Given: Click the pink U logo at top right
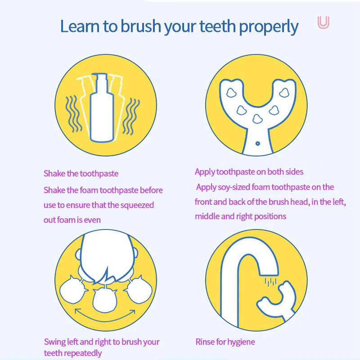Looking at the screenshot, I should [x=323, y=22].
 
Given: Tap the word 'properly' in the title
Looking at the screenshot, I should [x=269, y=27].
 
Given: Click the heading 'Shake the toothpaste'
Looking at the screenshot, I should [x=81, y=173].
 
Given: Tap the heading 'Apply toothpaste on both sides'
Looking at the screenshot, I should [x=249, y=171].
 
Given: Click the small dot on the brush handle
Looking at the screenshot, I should [x=257, y=143].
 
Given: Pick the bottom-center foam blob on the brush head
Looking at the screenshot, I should [x=257, y=119].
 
